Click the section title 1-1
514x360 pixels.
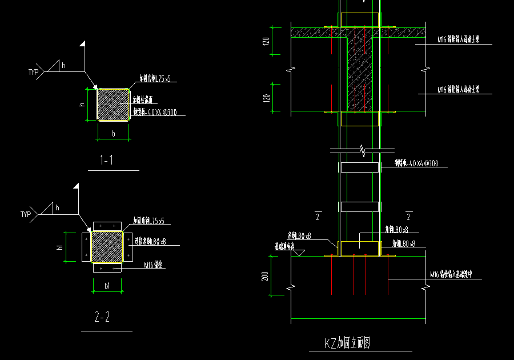106,161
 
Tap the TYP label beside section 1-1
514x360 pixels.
34,72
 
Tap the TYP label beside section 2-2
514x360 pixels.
26,214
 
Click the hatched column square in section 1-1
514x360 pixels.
113,104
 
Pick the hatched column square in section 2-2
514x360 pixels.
107,247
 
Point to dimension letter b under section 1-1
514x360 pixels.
114,134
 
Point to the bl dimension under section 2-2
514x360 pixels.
107,285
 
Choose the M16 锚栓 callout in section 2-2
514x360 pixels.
154,265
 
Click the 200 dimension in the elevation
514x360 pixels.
265,276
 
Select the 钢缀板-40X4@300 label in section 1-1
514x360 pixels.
154,113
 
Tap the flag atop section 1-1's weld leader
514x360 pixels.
83,44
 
